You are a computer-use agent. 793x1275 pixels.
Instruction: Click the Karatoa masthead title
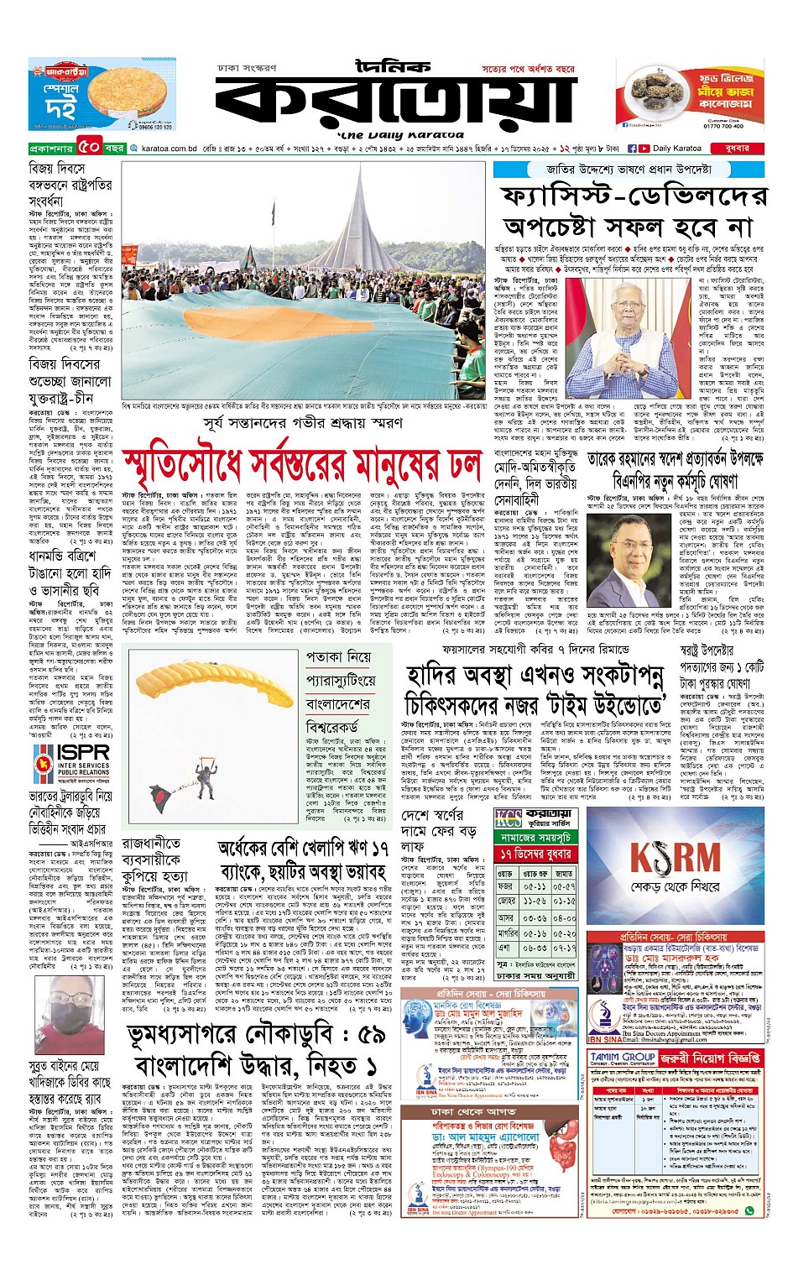[x=394, y=98]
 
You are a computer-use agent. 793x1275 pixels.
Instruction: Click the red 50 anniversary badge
[x=90, y=148]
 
